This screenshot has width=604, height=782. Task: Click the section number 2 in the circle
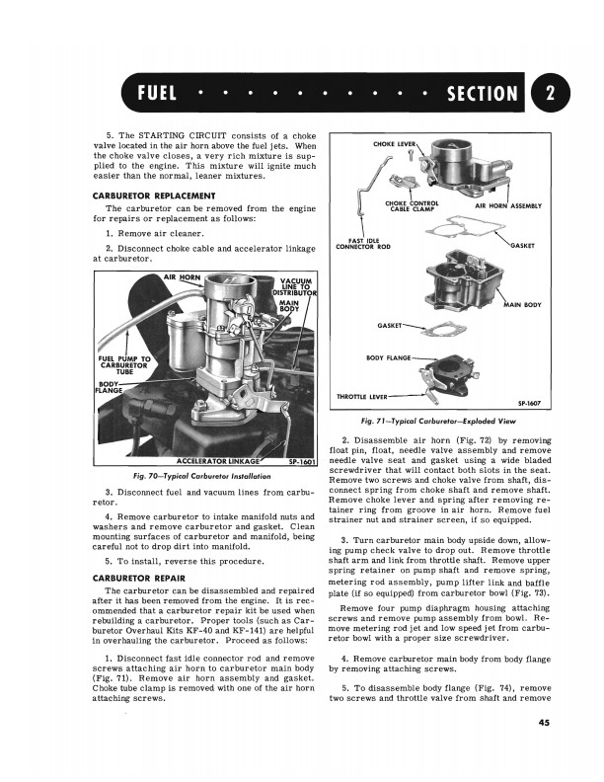[550, 95]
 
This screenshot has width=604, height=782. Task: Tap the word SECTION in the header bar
[482, 95]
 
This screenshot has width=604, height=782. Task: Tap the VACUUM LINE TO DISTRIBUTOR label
[295, 286]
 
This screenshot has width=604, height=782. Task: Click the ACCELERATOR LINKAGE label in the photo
[218, 461]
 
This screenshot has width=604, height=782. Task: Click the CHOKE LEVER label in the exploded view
[391, 143]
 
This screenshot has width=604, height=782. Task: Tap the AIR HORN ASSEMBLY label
[508, 206]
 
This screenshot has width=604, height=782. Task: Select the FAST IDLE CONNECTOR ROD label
[365, 243]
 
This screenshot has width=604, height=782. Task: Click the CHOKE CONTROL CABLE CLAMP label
[413, 206]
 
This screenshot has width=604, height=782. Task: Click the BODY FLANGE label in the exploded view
[388, 357]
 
